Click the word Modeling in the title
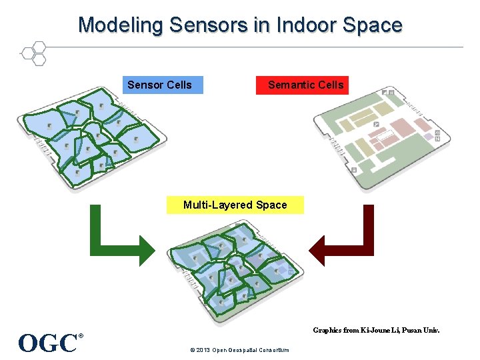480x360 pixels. (121, 25)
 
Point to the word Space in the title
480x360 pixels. (373, 25)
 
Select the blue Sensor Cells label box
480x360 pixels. (162, 85)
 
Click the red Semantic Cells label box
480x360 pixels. (302, 85)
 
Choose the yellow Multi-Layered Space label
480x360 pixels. (235, 205)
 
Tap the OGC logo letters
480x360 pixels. (48, 343)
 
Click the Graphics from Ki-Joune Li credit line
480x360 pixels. (376, 330)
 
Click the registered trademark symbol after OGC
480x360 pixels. (81, 336)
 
